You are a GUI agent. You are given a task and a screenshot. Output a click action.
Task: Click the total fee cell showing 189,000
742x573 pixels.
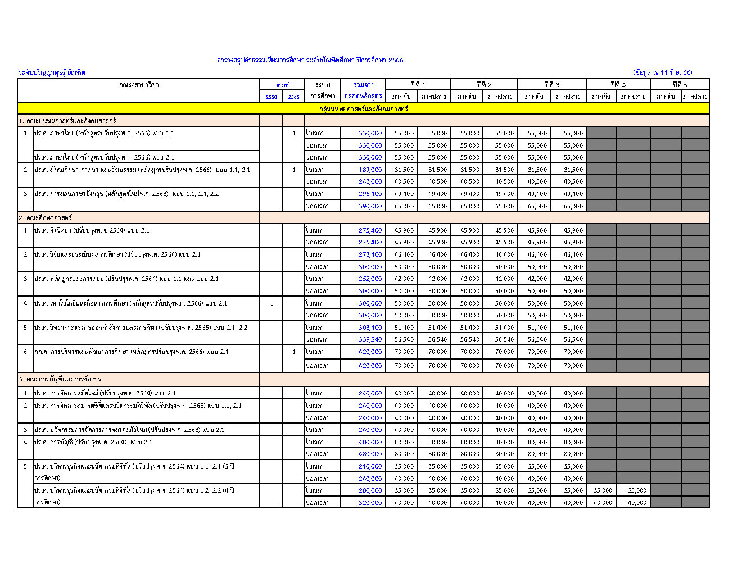370,170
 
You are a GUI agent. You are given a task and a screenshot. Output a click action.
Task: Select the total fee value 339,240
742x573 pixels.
370,339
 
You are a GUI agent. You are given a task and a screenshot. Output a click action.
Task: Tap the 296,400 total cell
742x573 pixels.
370,194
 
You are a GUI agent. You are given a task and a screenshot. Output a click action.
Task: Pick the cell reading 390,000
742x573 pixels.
370,206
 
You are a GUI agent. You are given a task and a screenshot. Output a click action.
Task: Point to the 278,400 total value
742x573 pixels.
370,254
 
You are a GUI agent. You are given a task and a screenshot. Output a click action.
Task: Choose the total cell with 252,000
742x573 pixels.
370,279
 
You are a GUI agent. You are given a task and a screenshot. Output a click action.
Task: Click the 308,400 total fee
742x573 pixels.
370,328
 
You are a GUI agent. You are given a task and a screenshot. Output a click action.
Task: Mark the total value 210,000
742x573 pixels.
370,466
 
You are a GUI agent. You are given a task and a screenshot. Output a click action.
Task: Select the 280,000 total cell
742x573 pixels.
370,490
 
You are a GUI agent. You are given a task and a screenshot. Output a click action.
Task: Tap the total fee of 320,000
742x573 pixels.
370,503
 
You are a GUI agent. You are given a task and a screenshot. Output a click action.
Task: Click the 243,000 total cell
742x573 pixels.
370,181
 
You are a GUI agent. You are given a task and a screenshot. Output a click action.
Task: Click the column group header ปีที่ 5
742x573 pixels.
680,84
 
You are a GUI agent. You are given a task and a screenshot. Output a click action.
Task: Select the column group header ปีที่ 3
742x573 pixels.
551,84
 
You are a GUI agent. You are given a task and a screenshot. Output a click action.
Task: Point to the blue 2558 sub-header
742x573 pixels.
271,97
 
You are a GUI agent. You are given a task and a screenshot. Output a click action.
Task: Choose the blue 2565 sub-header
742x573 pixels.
293,97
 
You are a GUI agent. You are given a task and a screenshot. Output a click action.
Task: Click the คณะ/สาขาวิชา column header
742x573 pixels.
139,85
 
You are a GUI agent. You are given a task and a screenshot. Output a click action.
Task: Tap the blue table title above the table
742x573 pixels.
310,60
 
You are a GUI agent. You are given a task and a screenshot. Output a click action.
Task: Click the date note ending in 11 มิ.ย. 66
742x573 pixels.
662,72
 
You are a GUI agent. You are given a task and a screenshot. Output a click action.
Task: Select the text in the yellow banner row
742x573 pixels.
363,108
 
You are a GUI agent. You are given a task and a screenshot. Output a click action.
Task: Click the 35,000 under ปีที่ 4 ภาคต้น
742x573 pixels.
603,490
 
